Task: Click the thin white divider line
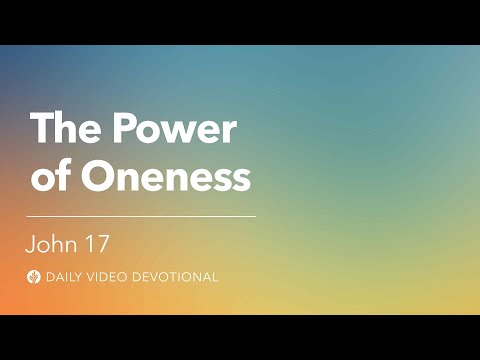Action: [141, 215]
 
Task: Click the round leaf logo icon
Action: [35, 277]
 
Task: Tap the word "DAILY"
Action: [66, 277]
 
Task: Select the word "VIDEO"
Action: [112, 277]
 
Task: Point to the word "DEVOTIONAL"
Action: [176, 277]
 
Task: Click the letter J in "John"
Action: [32, 242]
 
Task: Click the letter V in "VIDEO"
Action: [95, 277]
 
